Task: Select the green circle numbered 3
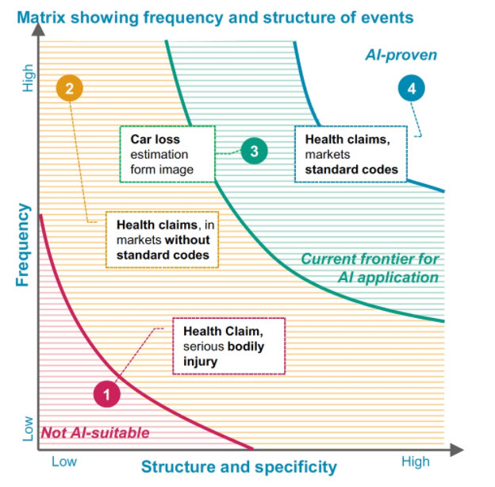click(254, 151)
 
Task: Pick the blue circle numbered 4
click(410, 90)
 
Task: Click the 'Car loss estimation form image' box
click(167, 153)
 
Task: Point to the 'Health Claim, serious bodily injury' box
click(228, 347)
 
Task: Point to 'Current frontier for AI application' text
click(370, 267)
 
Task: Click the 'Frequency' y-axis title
click(22, 245)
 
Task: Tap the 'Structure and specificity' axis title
click(239, 466)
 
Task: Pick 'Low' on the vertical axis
click(28, 429)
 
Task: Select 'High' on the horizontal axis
click(415, 462)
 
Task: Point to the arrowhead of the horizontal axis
click(459, 449)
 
